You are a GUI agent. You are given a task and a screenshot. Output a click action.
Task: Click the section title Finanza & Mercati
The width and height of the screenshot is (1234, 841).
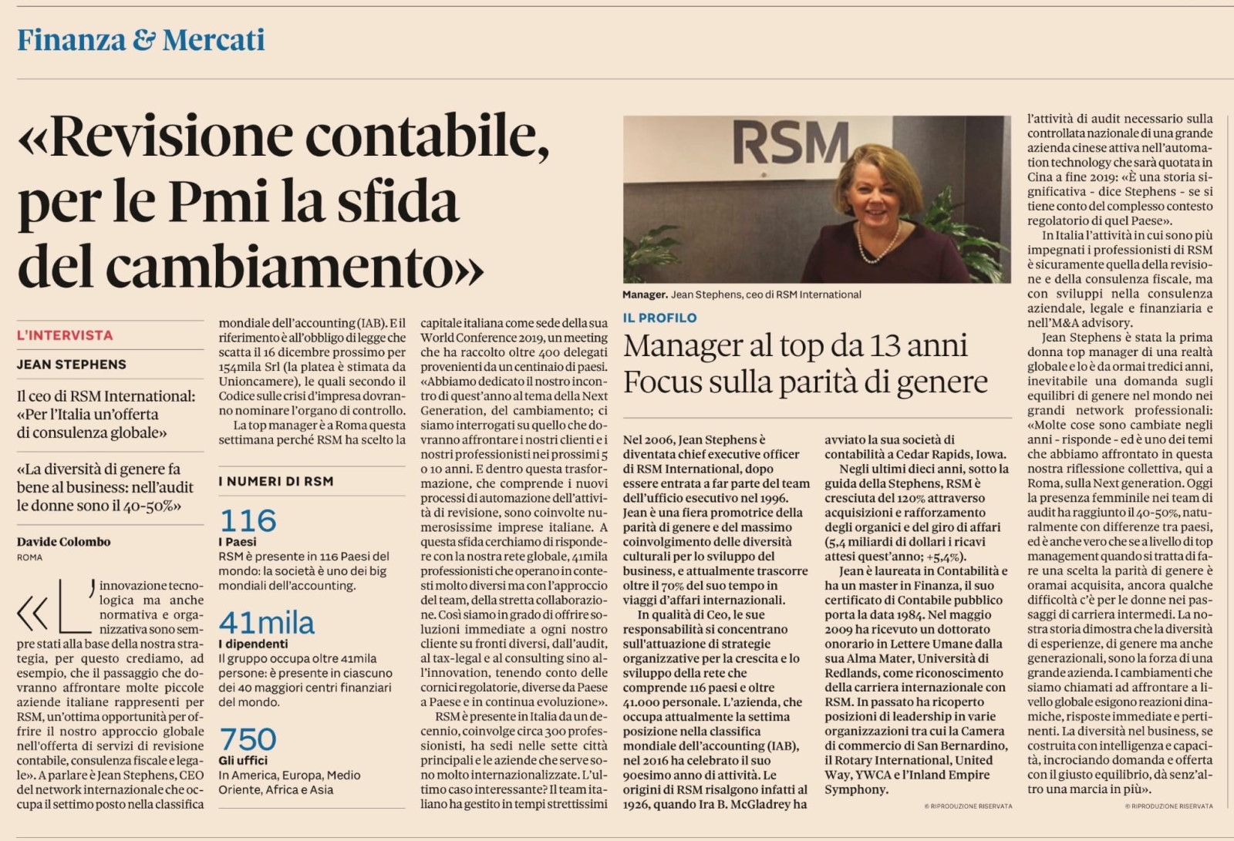140,40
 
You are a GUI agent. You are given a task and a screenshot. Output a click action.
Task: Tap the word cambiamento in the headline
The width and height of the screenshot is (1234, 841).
278,267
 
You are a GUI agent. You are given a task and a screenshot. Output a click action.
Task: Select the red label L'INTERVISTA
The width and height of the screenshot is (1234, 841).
65,335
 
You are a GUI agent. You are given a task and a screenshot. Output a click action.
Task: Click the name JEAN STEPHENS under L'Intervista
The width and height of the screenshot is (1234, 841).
72,365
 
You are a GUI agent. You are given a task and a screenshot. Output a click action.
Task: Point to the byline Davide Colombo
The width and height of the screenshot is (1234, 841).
63,541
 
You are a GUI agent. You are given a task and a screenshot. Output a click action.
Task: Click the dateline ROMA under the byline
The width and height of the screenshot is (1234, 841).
29,557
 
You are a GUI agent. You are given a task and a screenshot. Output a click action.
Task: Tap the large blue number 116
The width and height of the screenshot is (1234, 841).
248,521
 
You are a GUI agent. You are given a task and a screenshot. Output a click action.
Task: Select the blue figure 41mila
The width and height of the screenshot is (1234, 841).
267,623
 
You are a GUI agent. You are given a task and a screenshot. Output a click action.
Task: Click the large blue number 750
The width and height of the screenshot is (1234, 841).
248,740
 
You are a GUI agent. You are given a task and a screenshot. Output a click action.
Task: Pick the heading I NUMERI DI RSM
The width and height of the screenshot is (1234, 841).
276,482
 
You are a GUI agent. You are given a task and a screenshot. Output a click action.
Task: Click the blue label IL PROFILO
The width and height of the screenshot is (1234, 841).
659,318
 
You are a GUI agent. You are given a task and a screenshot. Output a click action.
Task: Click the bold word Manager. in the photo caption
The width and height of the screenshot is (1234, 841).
645,294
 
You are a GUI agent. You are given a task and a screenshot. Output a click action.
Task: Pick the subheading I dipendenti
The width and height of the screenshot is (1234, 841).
253,644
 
